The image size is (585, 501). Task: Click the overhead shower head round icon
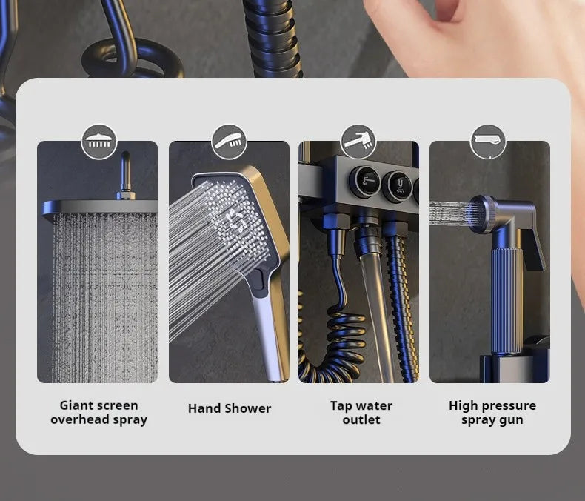coord(99,142)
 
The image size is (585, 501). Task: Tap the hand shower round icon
coord(230,142)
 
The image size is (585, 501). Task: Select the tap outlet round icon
coord(358,142)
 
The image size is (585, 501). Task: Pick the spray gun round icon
coord(488,142)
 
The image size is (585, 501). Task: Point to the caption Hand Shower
coord(230,408)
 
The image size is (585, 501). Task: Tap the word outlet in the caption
coord(361,419)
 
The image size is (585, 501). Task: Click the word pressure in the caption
coord(508,406)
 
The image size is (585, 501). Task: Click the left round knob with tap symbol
coord(365,182)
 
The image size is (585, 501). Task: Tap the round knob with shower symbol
coord(398,186)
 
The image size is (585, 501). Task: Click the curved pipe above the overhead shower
coord(126,173)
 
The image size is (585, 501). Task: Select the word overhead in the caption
coord(80,420)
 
